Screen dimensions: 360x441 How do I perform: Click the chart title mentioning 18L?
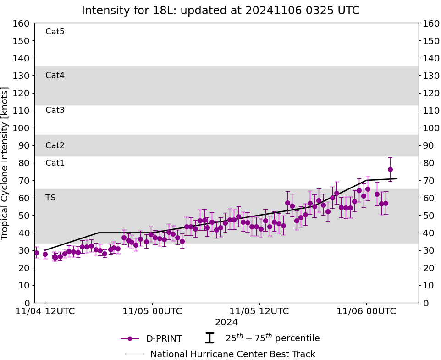pos(220,11)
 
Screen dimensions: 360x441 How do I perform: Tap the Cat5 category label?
pos(55,32)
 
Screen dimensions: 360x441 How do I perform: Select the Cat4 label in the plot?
pos(55,75)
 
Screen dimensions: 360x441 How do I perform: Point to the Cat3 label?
pos(55,110)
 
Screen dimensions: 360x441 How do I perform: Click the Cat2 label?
pos(55,145)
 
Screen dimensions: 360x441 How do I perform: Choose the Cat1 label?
pos(55,163)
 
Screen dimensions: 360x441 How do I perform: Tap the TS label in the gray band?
pos(50,198)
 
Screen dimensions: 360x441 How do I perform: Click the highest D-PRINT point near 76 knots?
pos(390,169)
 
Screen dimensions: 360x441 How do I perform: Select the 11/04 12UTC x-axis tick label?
pos(45,311)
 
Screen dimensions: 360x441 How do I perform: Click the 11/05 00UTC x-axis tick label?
pos(152,311)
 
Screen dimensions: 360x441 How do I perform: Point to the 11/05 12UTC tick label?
pos(259,311)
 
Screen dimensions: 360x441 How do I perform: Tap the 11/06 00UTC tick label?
pos(366,311)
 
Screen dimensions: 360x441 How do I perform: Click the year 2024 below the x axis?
pos(226,322)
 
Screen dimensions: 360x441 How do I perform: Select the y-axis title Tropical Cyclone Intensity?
pos(6,163)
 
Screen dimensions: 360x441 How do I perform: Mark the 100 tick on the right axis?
pos(430,128)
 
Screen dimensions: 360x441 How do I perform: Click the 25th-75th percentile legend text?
pos(272,338)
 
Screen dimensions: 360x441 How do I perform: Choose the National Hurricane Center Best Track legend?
pos(233,354)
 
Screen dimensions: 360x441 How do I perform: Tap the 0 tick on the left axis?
pos(27,303)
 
